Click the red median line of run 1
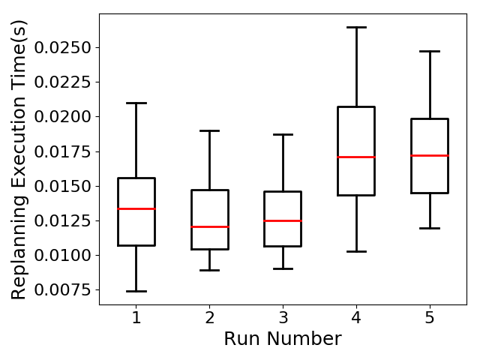(x=136, y=208)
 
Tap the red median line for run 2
(x=210, y=226)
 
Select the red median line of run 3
(x=283, y=220)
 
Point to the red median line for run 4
(x=357, y=157)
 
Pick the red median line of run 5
(x=430, y=156)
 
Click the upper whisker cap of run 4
(x=357, y=27)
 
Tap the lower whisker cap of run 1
(x=136, y=291)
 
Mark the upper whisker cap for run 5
(x=430, y=52)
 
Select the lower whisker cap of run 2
(x=210, y=270)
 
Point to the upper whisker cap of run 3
(x=283, y=134)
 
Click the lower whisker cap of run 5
(x=430, y=228)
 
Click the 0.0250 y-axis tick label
(x=62, y=48)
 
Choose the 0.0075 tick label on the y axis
(x=62, y=290)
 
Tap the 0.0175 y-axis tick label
(x=62, y=151)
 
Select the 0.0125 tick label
(x=62, y=220)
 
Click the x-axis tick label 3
(x=283, y=317)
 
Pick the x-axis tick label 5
(x=430, y=317)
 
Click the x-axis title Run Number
(x=283, y=339)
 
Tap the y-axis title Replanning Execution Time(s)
(x=18, y=160)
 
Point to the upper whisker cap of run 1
(x=136, y=103)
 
